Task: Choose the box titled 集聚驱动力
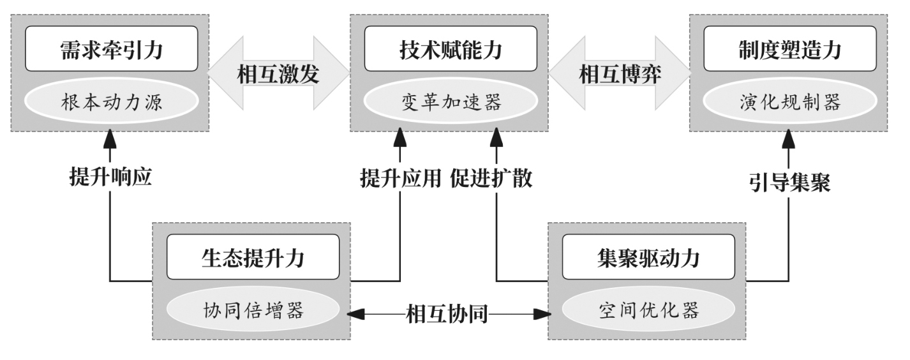click(646, 257)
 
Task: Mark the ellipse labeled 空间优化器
click(646, 311)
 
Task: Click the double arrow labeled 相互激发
click(278, 74)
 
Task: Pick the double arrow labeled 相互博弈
click(619, 74)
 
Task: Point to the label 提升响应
click(110, 177)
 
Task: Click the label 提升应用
click(400, 178)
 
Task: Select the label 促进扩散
click(491, 178)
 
